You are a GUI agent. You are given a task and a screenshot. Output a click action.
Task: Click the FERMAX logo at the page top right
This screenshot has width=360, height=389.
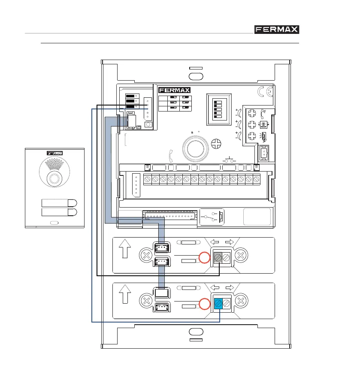point(277,30)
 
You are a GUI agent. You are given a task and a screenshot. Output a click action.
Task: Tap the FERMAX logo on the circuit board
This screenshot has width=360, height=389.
point(174,90)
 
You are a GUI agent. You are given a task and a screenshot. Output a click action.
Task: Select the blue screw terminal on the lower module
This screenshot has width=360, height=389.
point(218,303)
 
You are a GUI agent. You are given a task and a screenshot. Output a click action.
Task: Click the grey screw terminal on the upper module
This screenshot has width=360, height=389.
point(218,257)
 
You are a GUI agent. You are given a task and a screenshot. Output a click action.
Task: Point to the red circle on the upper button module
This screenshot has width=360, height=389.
point(204,258)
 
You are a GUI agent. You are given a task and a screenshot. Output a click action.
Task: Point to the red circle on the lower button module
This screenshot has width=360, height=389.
point(204,304)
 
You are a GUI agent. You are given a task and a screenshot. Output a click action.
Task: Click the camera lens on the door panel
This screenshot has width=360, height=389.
point(54,179)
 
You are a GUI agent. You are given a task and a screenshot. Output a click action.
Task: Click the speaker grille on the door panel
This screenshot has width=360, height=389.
point(54,165)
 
